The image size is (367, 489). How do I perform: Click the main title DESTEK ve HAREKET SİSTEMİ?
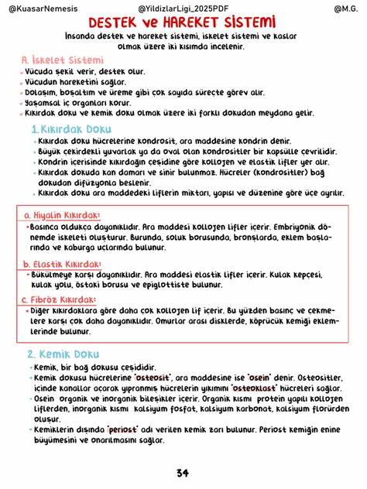tap(183, 22)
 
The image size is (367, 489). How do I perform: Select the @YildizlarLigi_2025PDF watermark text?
tap(183, 7)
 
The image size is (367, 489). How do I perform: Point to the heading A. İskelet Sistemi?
tap(57, 60)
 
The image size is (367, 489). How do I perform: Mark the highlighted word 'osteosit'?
tap(129, 377)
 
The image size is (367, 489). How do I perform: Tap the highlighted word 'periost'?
tap(123, 427)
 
